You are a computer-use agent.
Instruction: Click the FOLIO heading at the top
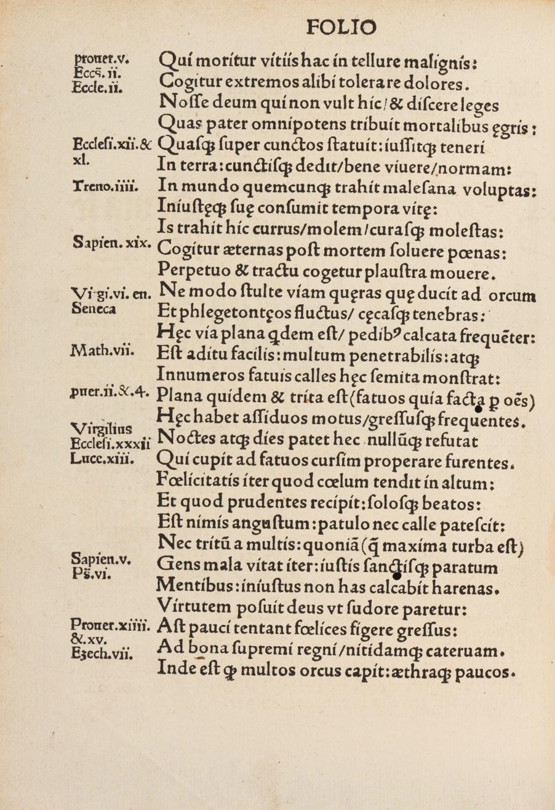(x=341, y=28)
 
